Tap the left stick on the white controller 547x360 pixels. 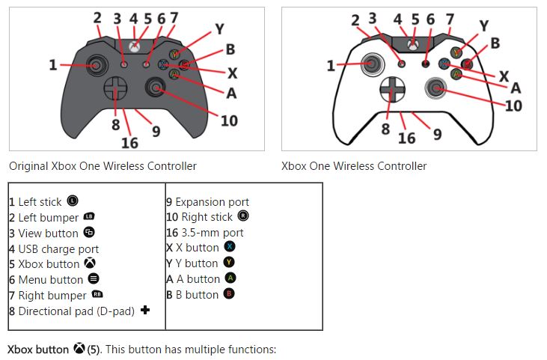tap(371, 64)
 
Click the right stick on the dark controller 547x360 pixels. tap(156, 88)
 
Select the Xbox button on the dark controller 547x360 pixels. tap(134, 46)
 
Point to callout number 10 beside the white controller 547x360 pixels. tap(513, 106)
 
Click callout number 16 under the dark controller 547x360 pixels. tap(129, 142)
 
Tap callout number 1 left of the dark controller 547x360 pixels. tap(52, 65)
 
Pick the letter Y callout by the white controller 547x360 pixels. tap(483, 26)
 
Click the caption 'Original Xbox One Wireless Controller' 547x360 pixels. tap(103, 166)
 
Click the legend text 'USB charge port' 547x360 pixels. tap(58, 248)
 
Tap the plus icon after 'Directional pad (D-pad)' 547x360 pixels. tap(145, 310)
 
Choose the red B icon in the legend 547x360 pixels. tap(229, 294)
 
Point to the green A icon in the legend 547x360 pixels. tap(231, 278)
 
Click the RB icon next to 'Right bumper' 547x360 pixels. tap(97, 295)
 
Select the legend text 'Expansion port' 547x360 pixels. tap(212, 202)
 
